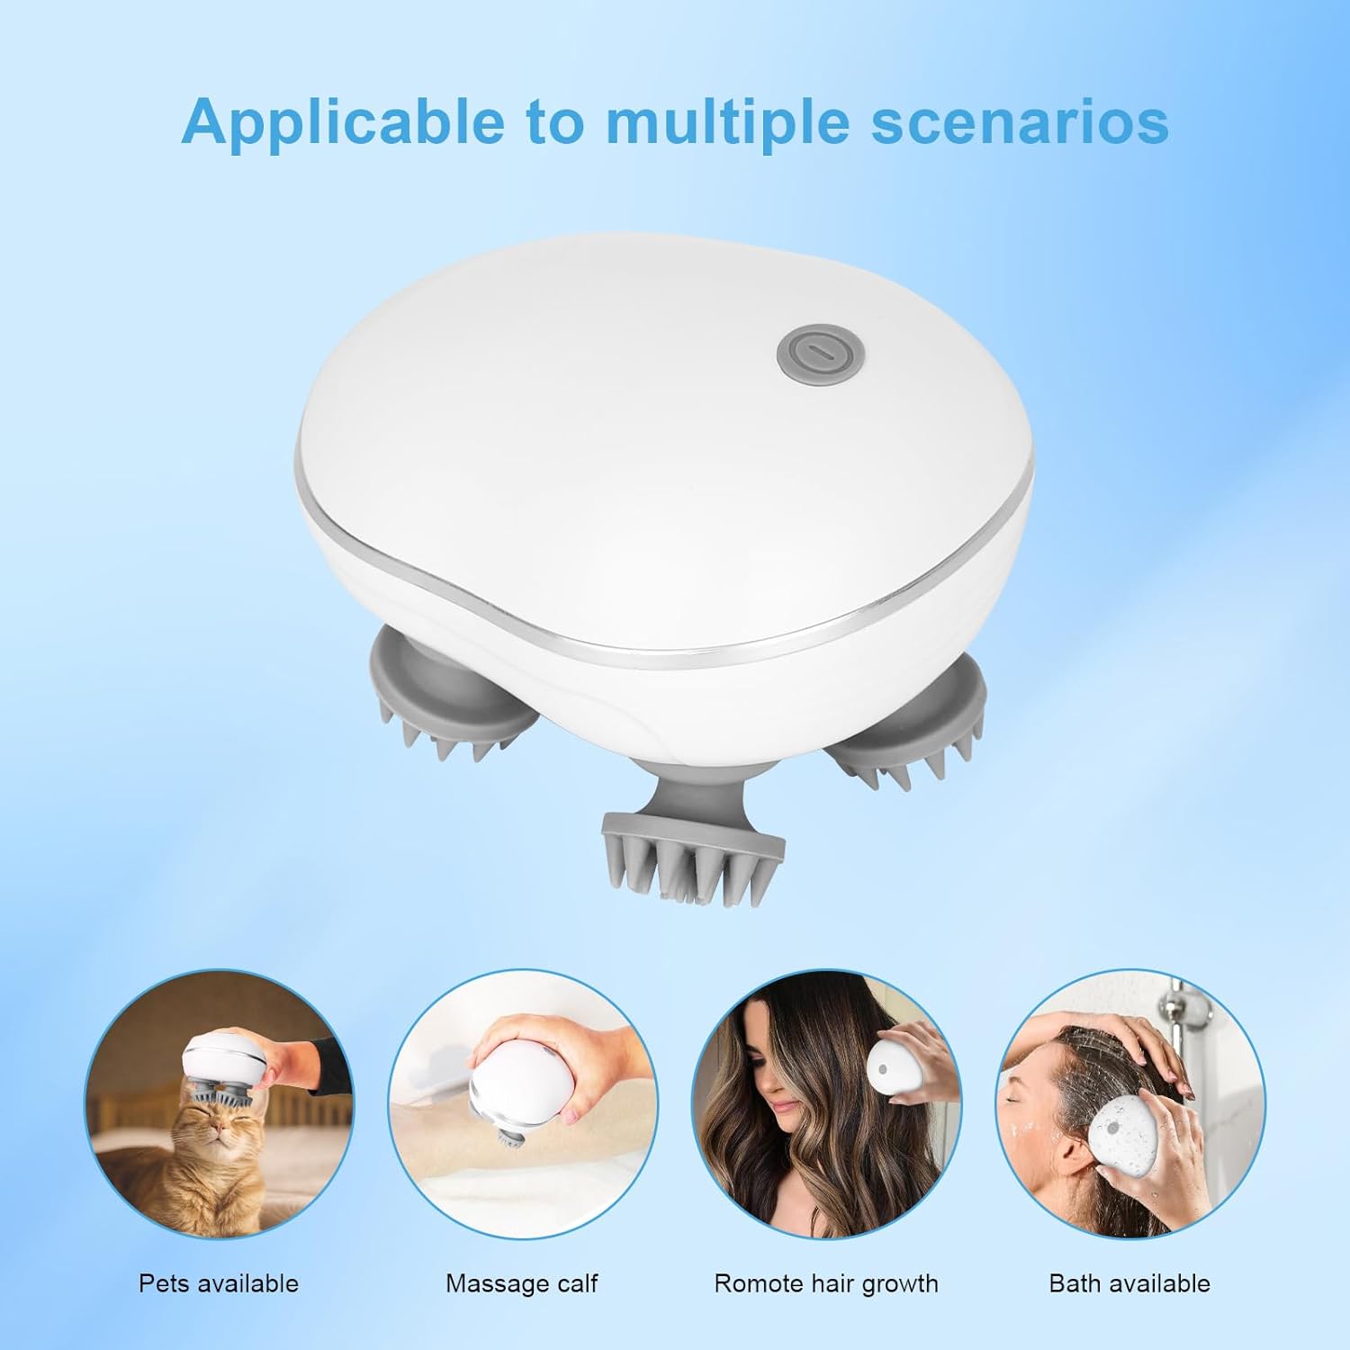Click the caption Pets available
click(x=219, y=1282)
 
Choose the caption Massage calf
click(x=522, y=1283)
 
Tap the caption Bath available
click(x=1129, y=1282)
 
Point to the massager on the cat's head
click(x=224, y=1066)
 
